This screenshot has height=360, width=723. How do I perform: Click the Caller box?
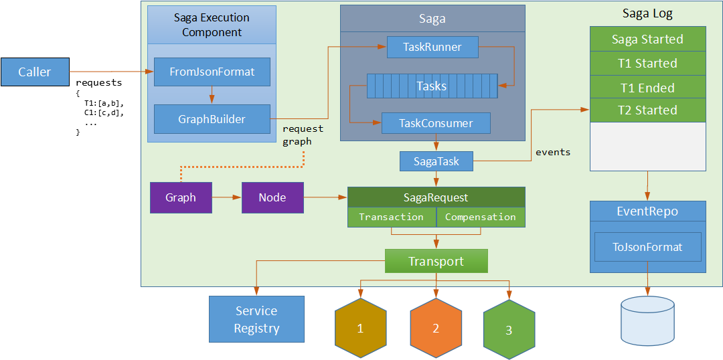pos(35,72)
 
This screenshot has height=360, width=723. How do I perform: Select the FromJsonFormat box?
pos(212,72)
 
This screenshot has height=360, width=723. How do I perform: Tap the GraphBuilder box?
pos(212,119)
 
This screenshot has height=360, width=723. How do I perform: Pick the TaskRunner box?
pos(432,47)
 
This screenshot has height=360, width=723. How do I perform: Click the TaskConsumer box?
pos(436,123)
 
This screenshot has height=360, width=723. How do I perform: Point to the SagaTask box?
pos(436,161)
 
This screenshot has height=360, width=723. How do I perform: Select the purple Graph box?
pos(181,197)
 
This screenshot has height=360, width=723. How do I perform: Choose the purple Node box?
pos(272,197)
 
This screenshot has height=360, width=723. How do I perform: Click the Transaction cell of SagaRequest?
pos(392,217)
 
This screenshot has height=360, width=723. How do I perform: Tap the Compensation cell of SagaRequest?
pos(481,217)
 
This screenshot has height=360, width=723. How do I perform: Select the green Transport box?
pos(436,261)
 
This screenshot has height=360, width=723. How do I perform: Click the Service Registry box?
pos(256,319)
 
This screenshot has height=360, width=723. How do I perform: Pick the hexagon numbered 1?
pos(360,329)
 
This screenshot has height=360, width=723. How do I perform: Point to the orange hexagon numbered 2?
pos(436,329)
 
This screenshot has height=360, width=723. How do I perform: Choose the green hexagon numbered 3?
pos(509,330)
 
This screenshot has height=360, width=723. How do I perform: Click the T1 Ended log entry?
pos(647,88)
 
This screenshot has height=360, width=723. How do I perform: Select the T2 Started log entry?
pos(647,110)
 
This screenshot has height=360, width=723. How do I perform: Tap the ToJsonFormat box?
pos(647,247)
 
